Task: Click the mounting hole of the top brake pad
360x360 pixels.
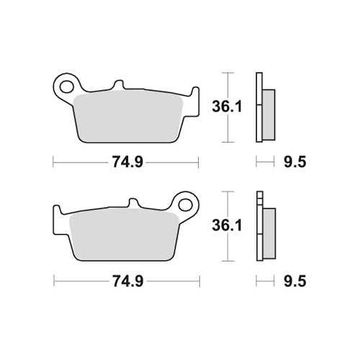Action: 66,86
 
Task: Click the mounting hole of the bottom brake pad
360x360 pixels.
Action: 186,205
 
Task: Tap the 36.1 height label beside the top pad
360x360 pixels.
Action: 227,107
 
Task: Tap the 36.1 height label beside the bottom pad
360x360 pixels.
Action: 227,225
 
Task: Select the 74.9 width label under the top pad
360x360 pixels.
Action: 127,162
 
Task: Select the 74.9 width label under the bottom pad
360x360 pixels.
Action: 128,281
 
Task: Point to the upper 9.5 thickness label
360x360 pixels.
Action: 295,162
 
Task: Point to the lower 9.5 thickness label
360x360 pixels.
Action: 295,281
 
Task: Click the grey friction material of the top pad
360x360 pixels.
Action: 128,117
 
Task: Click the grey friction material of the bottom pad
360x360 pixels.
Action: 124,236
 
